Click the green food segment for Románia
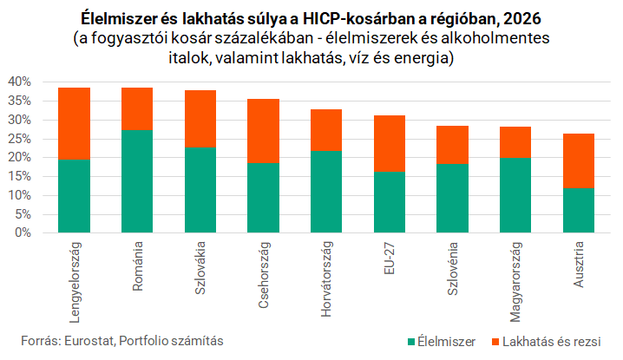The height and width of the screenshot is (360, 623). tap(137, 181)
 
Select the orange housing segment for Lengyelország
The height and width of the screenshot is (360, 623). tap(75, 123)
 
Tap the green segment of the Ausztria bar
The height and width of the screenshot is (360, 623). tap(579, 210)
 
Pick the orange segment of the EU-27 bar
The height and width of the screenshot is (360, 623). tap(390, 143)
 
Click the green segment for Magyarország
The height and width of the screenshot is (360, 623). tap(515, 195)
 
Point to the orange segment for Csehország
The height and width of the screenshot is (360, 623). tap(264, 131)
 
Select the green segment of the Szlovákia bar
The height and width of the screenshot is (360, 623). tap(200, 190)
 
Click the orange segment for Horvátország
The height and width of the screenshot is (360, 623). tap(326, 130)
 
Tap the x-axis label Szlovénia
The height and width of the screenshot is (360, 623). tap(453, 269)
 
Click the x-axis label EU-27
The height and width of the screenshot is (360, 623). tap(390, 259)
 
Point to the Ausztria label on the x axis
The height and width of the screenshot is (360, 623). tap(579, 265)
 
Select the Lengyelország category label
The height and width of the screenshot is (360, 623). tap(75, 282)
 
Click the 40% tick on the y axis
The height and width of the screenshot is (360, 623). tap(19, 82)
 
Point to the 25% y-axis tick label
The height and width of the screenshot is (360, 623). tap(19, 139)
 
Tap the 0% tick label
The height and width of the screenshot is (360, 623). tap(23, 232)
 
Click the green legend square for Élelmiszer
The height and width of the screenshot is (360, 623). tap(411, 342)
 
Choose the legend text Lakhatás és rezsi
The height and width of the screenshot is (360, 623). tap(552, 342)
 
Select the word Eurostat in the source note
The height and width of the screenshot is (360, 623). tap(89, 341)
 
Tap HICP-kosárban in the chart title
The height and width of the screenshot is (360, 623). tap(349, 19)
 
